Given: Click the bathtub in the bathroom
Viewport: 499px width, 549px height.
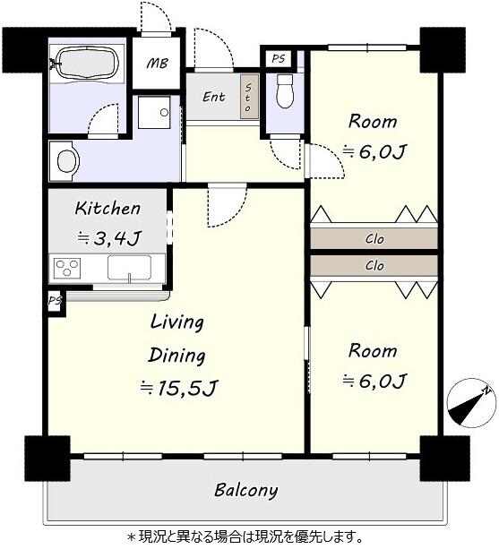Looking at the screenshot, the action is pyautogui.click(x=87, y=64).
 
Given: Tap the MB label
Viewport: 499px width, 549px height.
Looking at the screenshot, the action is pyautogui.click(x=158, y=64).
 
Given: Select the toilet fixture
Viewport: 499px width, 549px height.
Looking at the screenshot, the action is pyautogui.click(x=284, y=90).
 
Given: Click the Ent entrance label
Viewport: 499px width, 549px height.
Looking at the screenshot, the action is pyautogui.click(x=213, y=97).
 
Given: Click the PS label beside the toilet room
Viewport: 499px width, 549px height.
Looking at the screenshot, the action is pyautogui.click(x=279, y=58).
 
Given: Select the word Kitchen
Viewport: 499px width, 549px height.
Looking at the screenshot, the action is pyautogui.click(x=108, y=209).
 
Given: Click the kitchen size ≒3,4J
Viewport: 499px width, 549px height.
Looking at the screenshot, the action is pyautogui.click(x=109, y=238).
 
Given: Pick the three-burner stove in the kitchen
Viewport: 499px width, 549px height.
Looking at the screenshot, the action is pyautogui.click(x=67, y=268).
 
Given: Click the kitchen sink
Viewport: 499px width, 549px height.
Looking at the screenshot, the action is pyautogui.click(x=129, y=268).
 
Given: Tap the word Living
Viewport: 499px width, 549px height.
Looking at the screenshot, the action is pyautogui.click(x=176, y=322).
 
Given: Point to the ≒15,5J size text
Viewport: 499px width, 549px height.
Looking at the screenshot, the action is pyautogui.click(x=179, y=387).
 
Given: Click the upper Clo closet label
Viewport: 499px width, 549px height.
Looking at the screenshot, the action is pyautogui.click(x=374, y=239).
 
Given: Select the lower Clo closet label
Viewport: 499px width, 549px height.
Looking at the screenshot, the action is pyautogui.click(x=374, y=266).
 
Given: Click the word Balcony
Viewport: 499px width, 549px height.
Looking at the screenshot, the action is pyautogui.click(x=245, y=490).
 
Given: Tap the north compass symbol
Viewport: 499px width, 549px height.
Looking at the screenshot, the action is pyautogui.click(x=471, y=403).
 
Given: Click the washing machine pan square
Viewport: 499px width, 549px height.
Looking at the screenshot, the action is pyautogui.click(x=154, y=112).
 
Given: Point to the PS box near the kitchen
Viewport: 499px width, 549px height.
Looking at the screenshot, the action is pyautogui.click(x=56, y=300).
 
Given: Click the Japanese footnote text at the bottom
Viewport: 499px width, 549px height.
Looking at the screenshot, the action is pyautogui.click(x=245, y=536).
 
